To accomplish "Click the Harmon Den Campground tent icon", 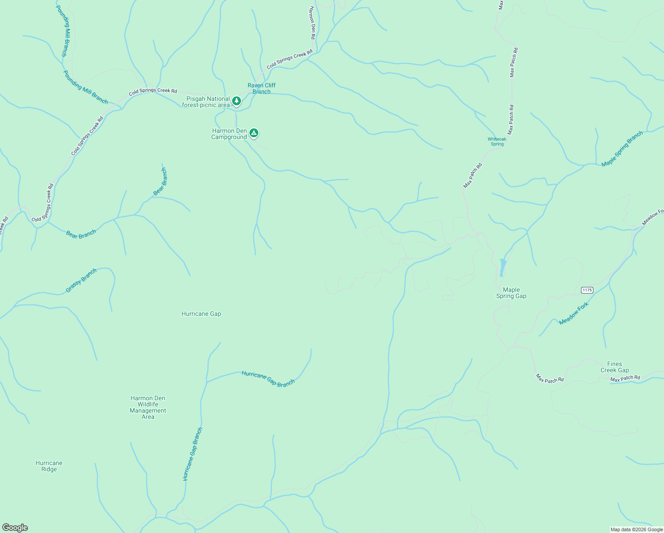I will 253,133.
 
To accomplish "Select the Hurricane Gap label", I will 201,314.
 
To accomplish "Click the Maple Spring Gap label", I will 511,293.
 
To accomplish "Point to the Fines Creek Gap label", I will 614,367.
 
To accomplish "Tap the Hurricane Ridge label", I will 49,466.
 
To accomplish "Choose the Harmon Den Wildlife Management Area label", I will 148,408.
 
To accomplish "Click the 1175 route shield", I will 587,290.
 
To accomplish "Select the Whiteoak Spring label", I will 497,141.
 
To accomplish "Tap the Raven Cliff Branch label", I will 261,88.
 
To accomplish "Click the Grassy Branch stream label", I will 81,281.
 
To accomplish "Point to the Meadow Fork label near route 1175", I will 573,314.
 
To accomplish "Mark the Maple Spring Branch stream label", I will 622,149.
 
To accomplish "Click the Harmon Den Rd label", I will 312,23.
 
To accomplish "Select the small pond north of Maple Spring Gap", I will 502,267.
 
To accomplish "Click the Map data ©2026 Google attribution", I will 636,529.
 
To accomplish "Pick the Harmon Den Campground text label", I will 229,134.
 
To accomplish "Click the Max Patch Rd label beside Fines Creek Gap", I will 625,378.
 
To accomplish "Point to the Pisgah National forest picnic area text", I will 206,102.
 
